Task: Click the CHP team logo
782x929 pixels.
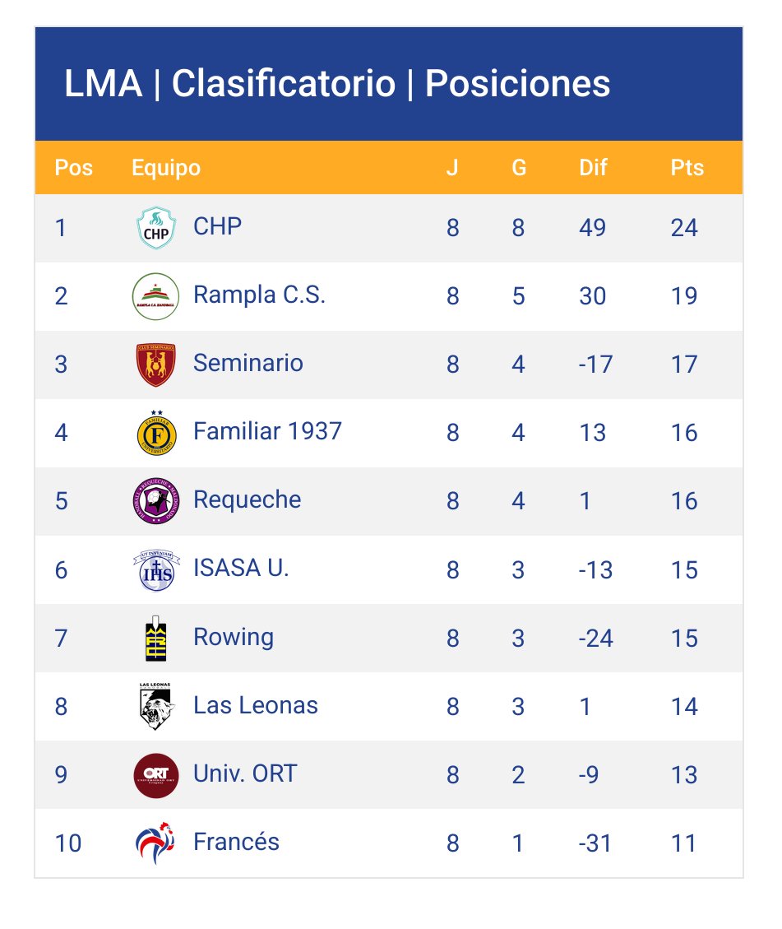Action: pyautogui.click(x=156, y=228)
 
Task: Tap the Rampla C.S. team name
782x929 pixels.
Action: pyautogui.click(x=259, y=295)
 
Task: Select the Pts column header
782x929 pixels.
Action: pyautogui.click(x=687, y=168)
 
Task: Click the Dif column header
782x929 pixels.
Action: pyautogui.click(x=593, y=168)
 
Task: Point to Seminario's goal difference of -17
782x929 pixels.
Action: pyautogui.click(x=595, y=364)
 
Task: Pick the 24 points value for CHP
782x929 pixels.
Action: pyautogui.click(x=683, y=228)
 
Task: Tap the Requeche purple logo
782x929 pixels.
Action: pyautogui.click(x=156, y=501)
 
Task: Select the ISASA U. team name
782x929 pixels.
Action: pyautogui.click(x=241, y=568)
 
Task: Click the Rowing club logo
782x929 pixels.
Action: pyautogui.click(x=156, y=638)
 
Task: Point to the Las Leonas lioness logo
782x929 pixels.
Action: pyautogui.click(x=156, y=706)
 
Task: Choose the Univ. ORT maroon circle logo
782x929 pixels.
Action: pyautogui.click(x=156, y=774)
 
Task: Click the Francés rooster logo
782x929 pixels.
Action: pyautogui.click(x=156, y=843)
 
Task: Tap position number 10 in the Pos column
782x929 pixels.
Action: pyautogui.click(x=68, y=843)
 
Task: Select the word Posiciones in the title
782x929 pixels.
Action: pyautogui.click(x=517, y=84)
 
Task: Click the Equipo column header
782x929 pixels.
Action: pyautogui.click(x=166, y=168)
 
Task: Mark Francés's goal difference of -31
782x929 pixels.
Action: pyautogui.click(x=595, y=843)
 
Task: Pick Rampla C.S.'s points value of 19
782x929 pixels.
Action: pyautogui.click(x=683, y=296)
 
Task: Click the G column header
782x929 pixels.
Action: pyautogui.click(x=518, y=168)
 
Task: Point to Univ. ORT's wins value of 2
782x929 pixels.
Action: pyautogui.click(x=518, y=775)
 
